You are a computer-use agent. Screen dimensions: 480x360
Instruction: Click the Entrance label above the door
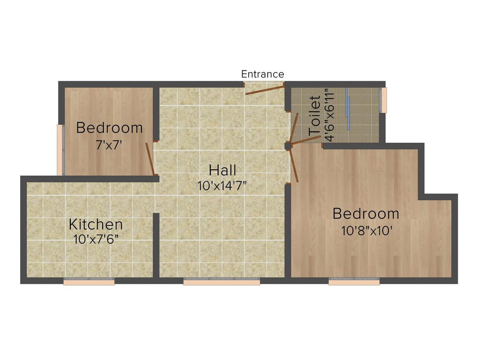pos(263,74)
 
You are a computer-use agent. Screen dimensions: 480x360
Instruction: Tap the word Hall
pos(223,170)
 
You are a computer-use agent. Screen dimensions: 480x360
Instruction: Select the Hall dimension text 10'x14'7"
pos(222,186)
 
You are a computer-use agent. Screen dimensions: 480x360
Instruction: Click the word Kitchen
pos(96,224)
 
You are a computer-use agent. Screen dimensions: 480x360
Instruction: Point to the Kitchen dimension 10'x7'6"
pos(96,240)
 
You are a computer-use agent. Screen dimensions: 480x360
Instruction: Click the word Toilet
pos(315,116)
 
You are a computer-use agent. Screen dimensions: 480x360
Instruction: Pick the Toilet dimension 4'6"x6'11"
pos(329,115)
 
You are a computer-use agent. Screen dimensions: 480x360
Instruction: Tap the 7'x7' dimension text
pos(109,145)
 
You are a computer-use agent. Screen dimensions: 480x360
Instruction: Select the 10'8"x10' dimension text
pos(367,230)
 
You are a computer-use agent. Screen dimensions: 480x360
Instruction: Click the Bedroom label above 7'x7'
pos(109,127)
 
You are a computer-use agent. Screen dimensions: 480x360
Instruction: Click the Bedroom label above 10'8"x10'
pos(366,214)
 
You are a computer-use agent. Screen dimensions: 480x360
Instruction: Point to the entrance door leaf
pos(265,90)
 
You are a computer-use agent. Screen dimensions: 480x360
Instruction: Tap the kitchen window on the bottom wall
pos(89,281)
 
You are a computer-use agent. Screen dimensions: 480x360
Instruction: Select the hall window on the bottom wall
pos(222,281)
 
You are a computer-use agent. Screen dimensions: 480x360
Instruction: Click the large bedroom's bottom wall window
pos(354,281)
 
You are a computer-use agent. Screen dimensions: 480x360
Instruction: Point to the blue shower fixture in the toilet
pos(348,109)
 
